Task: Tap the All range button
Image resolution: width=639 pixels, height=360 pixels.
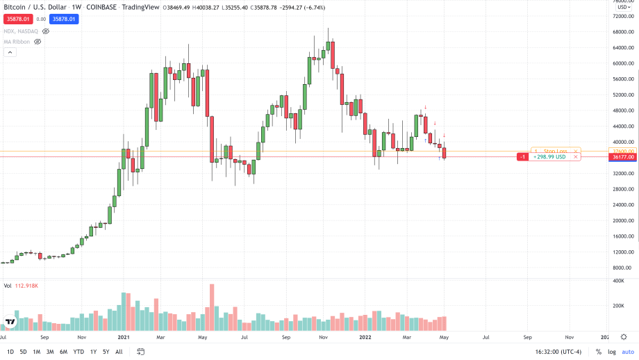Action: pyautogui.click(x=119, y=352)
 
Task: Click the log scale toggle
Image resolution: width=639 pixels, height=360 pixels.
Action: pyautogui.click(x=611, y=352)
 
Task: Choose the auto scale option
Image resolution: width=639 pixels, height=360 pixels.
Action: pyautogui.click(x=628, y=352)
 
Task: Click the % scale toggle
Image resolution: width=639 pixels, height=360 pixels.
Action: pyautogui.click(x=598, y=352)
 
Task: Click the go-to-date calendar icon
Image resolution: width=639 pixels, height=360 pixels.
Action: pyautogui.click(x=140, y=352)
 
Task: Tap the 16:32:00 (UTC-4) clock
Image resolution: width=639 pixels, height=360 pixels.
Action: pyautogui.click(x=558, y=352)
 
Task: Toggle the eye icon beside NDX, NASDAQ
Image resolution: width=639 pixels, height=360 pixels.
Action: pyautogui.click(x=46, y=31)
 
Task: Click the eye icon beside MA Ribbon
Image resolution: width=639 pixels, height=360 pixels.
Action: pyautogui.click(x=38, y=42)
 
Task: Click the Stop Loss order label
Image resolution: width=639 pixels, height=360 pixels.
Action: pyautogui.click(x=556, y=151)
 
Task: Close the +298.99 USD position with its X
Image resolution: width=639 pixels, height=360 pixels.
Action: pyautogui.click(x=576, y=157)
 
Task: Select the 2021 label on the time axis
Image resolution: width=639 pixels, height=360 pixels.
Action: pyautogui.click(x=124, y=337)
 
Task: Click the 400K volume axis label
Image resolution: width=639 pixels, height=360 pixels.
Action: pyautogui.click(x=618, y=280)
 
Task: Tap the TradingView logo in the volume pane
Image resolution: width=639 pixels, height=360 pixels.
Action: pyautogui.click(x=10, y=322)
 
